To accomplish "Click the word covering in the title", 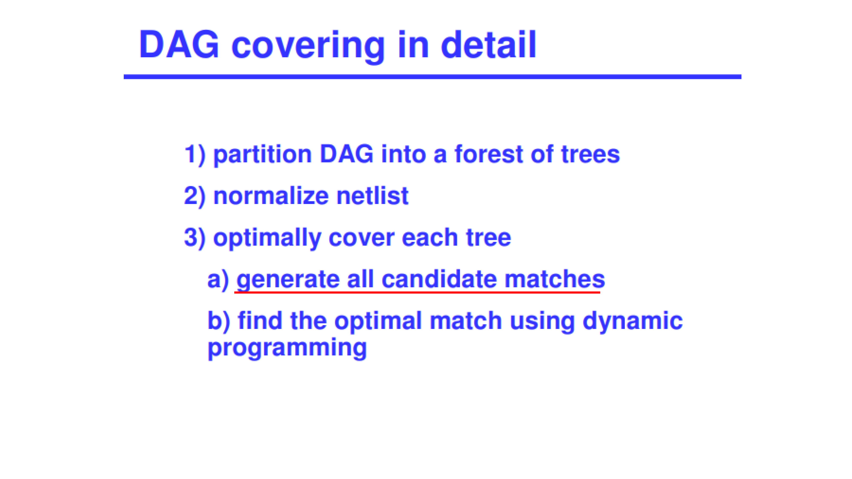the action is (308, 46).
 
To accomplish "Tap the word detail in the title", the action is (488, 45).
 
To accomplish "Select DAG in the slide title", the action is (179, 45).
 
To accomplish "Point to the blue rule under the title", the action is (433, 77).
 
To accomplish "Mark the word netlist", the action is (372, 196).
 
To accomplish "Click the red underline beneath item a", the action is (417, 293).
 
